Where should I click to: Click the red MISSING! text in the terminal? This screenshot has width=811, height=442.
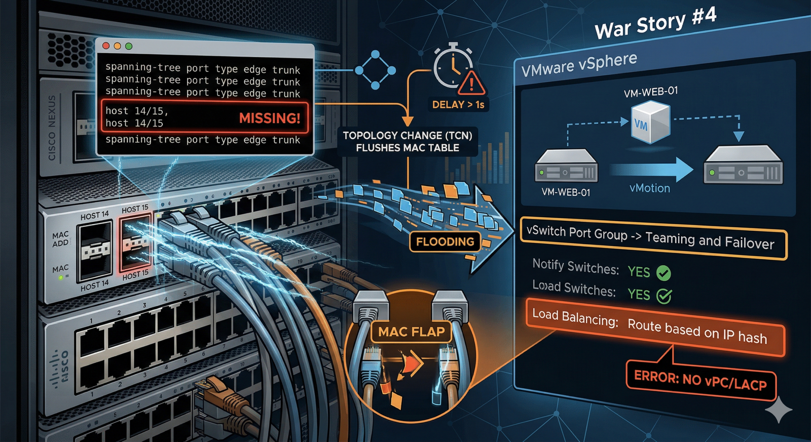tap(269, 118)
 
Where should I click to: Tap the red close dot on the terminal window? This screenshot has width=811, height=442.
tap(106, 46)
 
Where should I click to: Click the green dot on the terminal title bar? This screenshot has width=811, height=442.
tap(129, 46)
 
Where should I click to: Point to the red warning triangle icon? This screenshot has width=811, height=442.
tap(472, 83)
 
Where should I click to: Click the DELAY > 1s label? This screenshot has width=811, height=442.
tap(458, 105)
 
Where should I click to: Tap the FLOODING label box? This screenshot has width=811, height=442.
tap(445, 242)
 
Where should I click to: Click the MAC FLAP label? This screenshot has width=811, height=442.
tap(411, 332)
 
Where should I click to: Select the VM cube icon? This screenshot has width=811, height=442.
tap(650, 122)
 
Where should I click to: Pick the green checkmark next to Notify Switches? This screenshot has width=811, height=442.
tap(663, 273)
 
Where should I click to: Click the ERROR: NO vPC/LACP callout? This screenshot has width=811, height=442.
tap(700, 381)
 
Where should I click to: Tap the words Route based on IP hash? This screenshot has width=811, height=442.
tap(697, 331)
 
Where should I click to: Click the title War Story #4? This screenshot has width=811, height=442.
tap(655, 23)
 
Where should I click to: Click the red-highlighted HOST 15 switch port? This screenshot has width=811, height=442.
tap(135, 244)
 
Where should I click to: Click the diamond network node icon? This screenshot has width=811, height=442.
tap(375, 70)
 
